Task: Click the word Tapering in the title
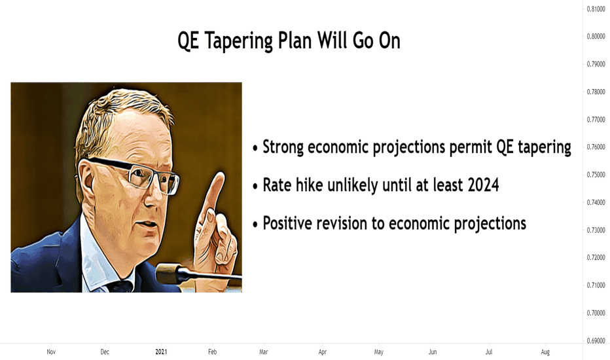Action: tap(239, 41)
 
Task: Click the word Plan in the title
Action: tap(295, 40)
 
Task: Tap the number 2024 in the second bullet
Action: tap(483, 185)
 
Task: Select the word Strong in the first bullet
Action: tap(283, 147)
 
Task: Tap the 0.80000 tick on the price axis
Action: tap(596, 36)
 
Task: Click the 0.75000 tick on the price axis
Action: tap(596, 175)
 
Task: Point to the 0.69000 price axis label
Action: tap(596, 341)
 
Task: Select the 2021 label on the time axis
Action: tap(161, 352)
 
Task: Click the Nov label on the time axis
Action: tap(51, 352)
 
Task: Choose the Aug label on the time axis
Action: tap(545, 352)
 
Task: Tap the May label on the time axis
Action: tap(378, 352)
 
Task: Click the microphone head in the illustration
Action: tap(168, 273)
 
